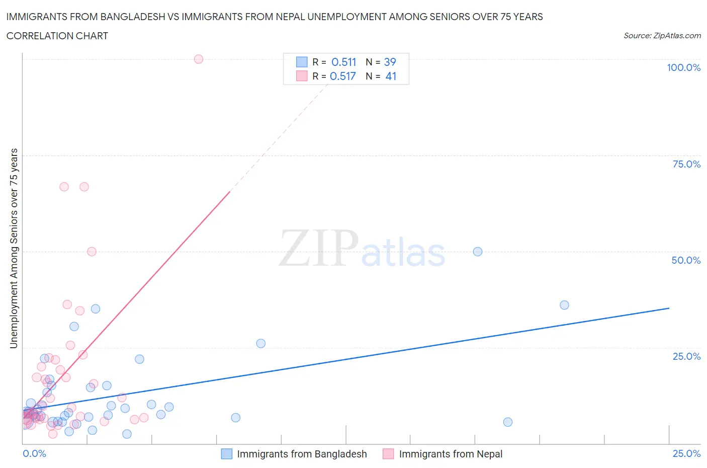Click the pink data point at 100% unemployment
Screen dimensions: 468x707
(x=199, y=59)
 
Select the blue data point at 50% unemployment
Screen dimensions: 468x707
(x=478, y=252)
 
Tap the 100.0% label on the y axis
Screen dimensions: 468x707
(x=683, y=67)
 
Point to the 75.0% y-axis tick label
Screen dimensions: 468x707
(x=686, y=164)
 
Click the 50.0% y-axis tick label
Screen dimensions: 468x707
(x=686, y=260)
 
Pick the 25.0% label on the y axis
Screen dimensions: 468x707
(x=686, y=356)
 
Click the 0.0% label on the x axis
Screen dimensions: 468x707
(x=34, y=453)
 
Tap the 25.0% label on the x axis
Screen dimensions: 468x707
(x=686, y=453)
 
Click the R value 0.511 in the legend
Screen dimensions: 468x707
(x=344, y=62)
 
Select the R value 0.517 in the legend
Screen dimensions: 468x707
(x=343, y=76)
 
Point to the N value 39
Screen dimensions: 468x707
(x=390, y=62)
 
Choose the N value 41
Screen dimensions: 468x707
(x=391, y=76)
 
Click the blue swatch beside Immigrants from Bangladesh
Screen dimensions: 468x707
(x=227, y=454)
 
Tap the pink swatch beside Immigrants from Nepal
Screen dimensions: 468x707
(x=388, y=454)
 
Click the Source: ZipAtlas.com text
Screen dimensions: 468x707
(x=662, y=35)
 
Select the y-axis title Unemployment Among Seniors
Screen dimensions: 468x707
(x=14, y=248)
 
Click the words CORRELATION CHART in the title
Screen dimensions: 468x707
(x=57, y=36)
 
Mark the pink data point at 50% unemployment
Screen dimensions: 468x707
(x=92, y=252)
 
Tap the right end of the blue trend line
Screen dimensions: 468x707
(x=669, y=308)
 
